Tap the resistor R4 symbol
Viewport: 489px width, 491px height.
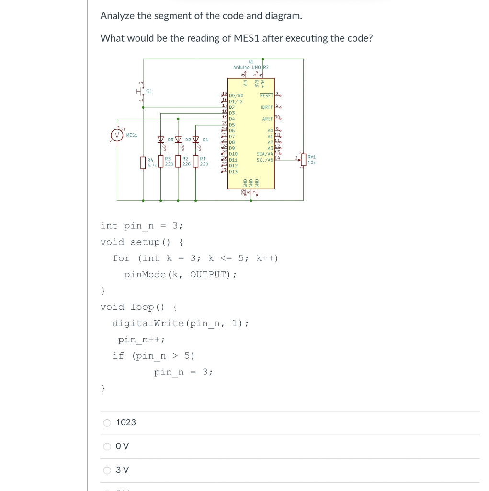pyautogui.click(x=142, y=163)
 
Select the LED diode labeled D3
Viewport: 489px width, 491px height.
pyautogui.click(x=161, y=140)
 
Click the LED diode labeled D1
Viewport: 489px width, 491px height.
pyautogui.click(x=195, y=140)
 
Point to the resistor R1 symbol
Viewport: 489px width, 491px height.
pyautogui.click(x=195, y=162)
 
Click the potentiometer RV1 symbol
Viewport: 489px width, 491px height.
pyautogui.click(x=303, y=160)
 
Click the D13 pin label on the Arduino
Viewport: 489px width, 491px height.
pyautogui.click(x=233, y=171)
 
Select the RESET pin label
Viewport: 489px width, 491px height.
pyautogui.click(x=266, y=95)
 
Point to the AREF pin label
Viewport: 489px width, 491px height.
pyautogui.click(x=267, y=118)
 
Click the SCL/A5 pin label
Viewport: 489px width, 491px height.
pyautogui.click(x=265, y=160)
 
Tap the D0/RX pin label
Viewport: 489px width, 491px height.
pyautogui.click(x=237, y=96)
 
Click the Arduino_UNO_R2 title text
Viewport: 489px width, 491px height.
pyautogui.click(x=251, y=67)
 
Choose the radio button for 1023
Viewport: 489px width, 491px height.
pyautogui.click(x=107, y=422)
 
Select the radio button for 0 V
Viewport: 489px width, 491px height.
pyautogui.click(x=107, y=446)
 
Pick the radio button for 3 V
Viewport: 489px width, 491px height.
pyautogui.click(x=107, y=470)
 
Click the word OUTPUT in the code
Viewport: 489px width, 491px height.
pyautogui.click(x=210, y=275)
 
